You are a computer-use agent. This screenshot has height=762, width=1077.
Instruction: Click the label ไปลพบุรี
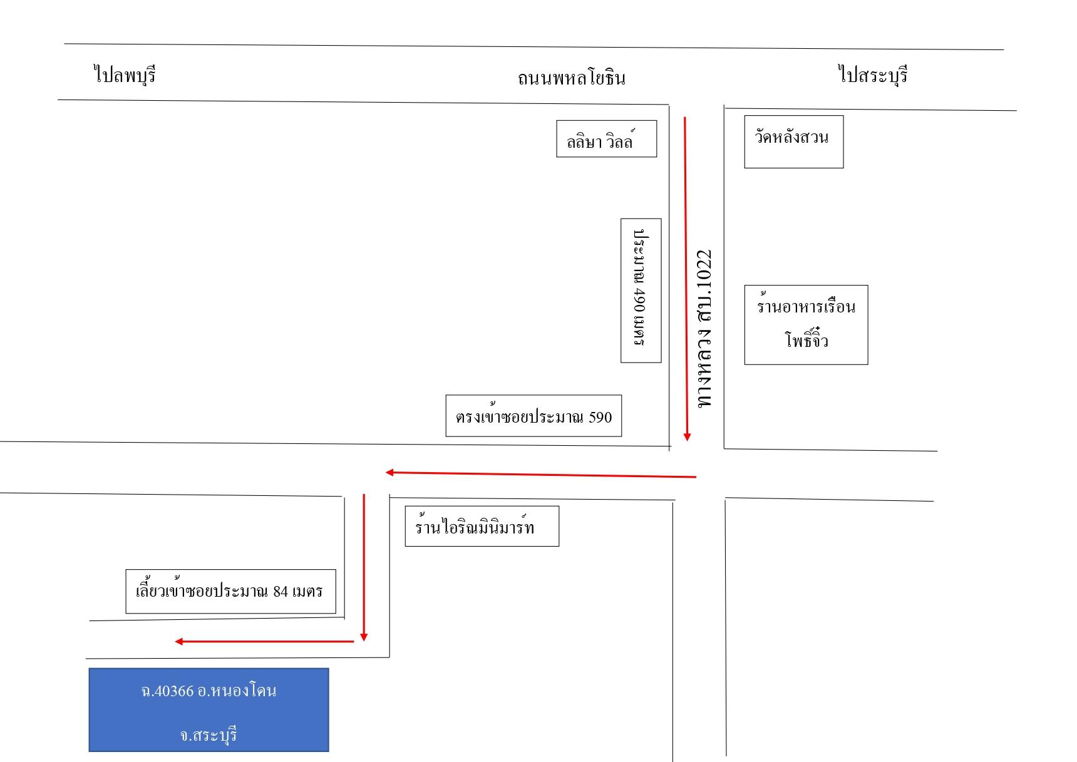(125, 75)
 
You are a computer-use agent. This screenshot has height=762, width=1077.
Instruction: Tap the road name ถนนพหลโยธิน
(571, 78)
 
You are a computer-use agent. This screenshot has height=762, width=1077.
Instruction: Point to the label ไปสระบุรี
(873, 75)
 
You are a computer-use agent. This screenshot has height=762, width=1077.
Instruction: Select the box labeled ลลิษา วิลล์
(606, 138)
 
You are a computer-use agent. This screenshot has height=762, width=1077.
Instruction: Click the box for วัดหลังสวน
(793, 142)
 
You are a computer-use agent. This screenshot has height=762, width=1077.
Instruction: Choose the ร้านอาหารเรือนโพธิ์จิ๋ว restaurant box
(806, 324)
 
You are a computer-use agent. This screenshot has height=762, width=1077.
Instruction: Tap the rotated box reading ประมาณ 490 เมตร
(641, 291)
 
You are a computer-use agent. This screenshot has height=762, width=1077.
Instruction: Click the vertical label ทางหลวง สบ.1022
(705, 329)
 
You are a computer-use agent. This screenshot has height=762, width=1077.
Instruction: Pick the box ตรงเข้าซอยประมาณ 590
(533, 416)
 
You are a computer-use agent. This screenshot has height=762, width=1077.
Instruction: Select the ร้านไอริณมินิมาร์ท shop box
(482, 526)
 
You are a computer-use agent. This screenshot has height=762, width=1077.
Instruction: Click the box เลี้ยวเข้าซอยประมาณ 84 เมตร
(230, 591)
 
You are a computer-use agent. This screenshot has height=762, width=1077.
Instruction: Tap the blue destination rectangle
(209, 709)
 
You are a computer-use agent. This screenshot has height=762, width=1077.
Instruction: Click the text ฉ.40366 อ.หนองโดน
(209, 691)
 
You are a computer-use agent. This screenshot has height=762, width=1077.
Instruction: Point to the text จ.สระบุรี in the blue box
(209, 734)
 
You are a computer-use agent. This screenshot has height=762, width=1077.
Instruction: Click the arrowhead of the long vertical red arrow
(687, 437)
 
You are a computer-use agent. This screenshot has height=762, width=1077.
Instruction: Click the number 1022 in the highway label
(705, 268)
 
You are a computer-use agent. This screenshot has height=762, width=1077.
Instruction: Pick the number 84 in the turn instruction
(280, 591)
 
